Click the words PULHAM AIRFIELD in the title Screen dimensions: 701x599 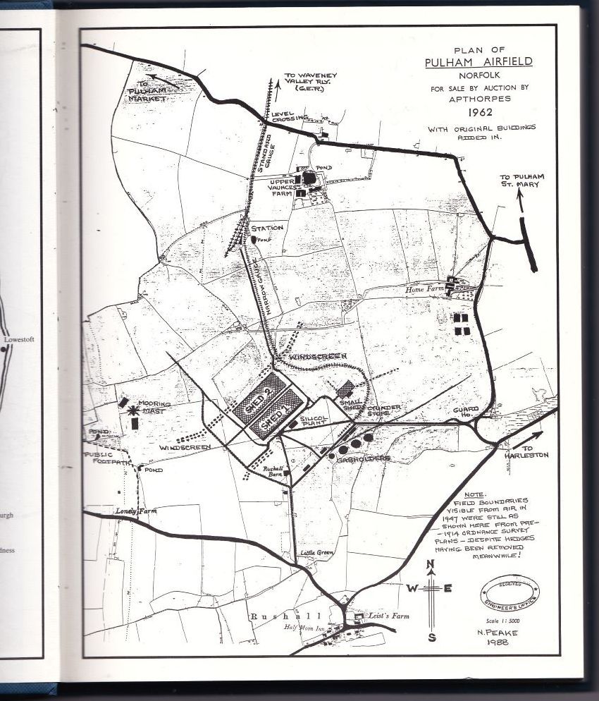pos(478,62)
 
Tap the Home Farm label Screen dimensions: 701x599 pos(426,289)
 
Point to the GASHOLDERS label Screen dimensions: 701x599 pos(364,458)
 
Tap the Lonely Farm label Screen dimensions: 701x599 pos(134,510)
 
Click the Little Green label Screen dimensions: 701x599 pos(315,553)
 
